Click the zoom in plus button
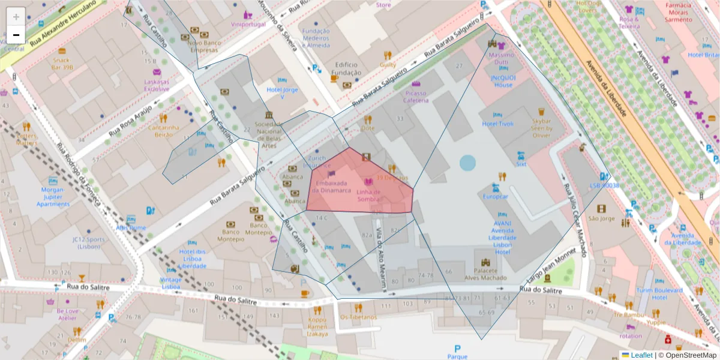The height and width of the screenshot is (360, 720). click(x=16, y=17)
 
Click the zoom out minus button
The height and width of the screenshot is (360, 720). click(x=16, y=35)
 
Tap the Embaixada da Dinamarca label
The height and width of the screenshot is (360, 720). click(x=332, y=187)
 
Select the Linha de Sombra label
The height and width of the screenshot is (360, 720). click(x=368, y=195)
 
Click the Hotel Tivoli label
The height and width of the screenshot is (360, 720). click(x=498, y=124)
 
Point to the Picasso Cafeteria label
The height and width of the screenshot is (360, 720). click(x=416, y=97)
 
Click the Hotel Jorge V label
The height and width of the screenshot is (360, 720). click(x=282, y=93)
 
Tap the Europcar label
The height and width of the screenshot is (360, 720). click(x=496, y=196)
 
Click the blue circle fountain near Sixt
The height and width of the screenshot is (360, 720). click(x=467, y=163)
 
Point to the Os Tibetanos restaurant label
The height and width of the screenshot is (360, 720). click(x=358, y=316)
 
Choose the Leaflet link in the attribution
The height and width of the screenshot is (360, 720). click(x=641, y=355)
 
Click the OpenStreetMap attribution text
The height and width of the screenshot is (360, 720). click(x=687, y=355)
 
